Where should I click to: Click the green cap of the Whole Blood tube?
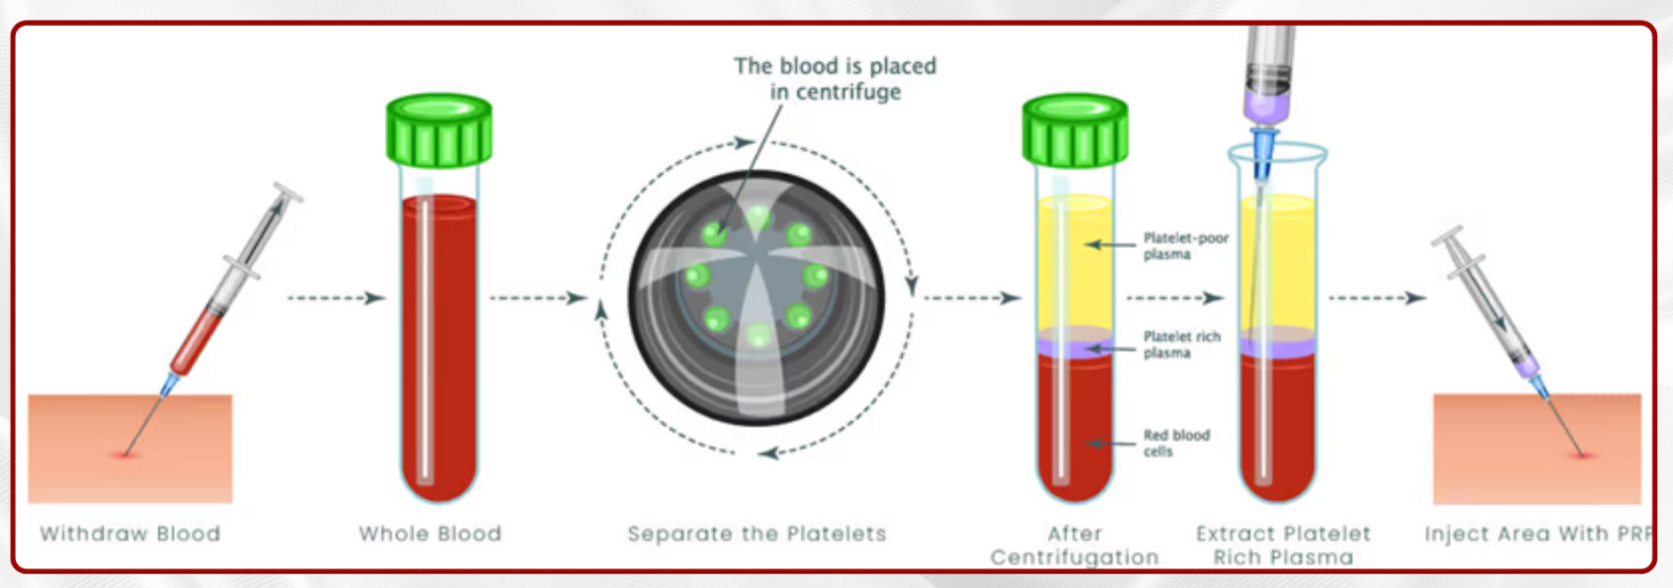pyautogui.click(x=438, y=130)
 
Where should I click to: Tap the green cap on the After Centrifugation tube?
pyautogui.click(x=1075, y=130)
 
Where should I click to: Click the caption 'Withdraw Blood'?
pyautogui.click(x=130, y=534)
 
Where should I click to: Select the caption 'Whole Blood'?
pyautogui.click(x=431, y=534)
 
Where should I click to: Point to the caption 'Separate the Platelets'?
pyautogui.click(x=757, y=534)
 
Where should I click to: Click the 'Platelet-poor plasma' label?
pyautogui.click(x=1185, y=246)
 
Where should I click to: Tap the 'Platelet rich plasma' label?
pyautogui.click(x=1181, y=344)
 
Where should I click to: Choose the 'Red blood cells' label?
pyautogui.click(x=1175, y=443)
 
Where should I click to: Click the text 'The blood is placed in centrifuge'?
pyautogui.click(x=835, y=79)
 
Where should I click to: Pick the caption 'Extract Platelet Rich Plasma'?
pyautogui.click(x=1283, y=546)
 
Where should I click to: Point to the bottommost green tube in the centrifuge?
pyautogui.click(x=757, y=336)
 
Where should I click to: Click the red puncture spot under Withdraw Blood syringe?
pyautogui.click(x=124, y=455)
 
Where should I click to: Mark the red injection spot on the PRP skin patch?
pyautogui.click(x=1583, y=456)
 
